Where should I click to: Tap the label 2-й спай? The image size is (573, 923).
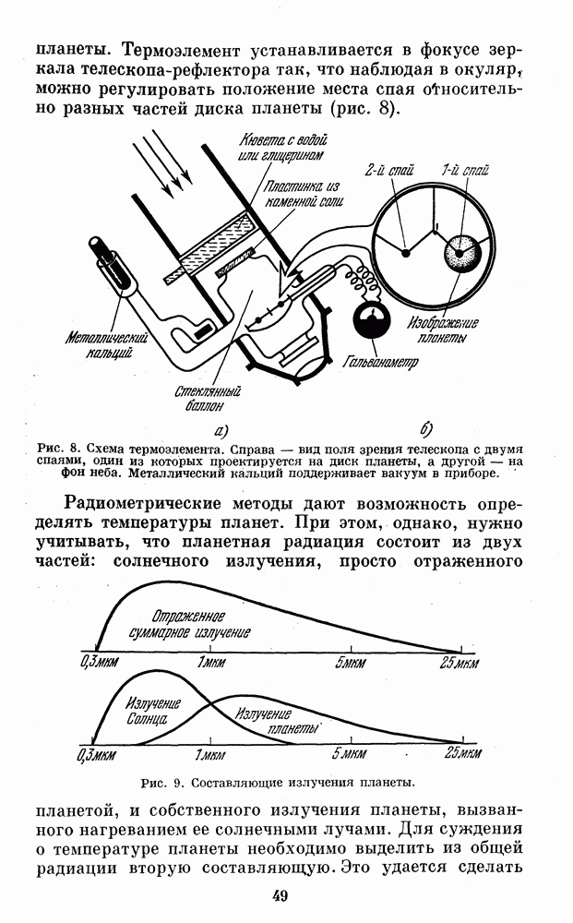[x=388, y=170]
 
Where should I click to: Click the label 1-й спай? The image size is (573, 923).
[x=465, y=170]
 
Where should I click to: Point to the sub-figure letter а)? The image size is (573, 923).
[x=220, y=430]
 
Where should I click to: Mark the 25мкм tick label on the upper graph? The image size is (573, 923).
[x=460, y=663]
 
